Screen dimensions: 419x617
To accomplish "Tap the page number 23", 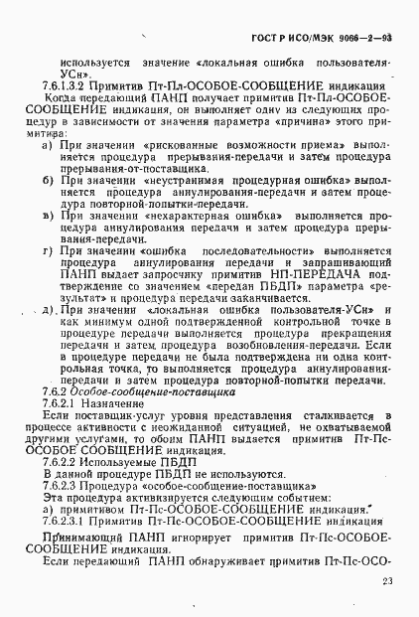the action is coord(386,582).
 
